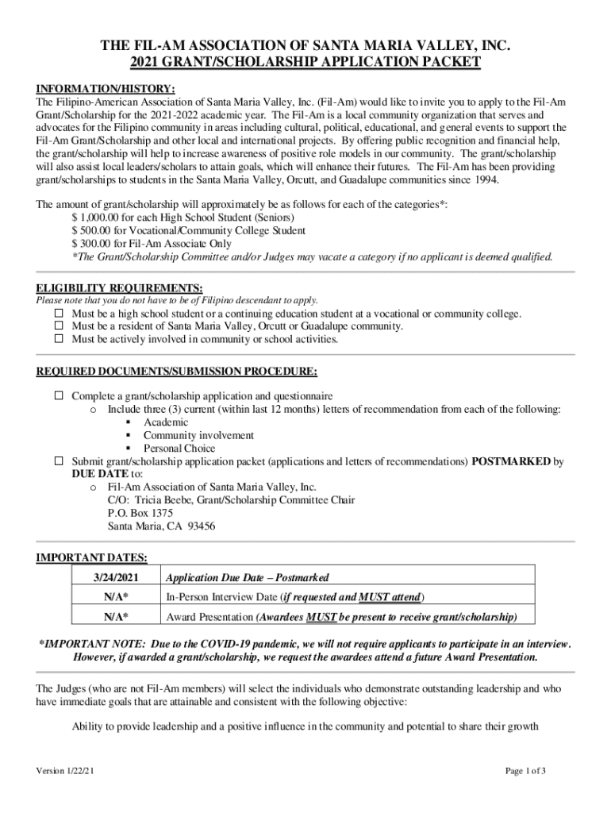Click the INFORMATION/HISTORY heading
point(106,88)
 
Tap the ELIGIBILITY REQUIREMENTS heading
point(120,287)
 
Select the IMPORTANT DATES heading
point(92,558)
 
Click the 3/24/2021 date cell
point(116,577)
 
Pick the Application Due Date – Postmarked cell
point(247,577)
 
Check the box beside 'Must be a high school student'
point(59,314)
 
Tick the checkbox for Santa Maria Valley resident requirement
point(59,326)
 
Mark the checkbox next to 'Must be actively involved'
point(59,339)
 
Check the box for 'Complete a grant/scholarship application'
point(59,395)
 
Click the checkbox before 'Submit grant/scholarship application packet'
point(59,460)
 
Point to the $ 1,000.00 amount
point(98,218)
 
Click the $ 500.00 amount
point(94,230)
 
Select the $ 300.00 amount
point(94,244)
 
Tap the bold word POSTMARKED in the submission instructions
point(511,461)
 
